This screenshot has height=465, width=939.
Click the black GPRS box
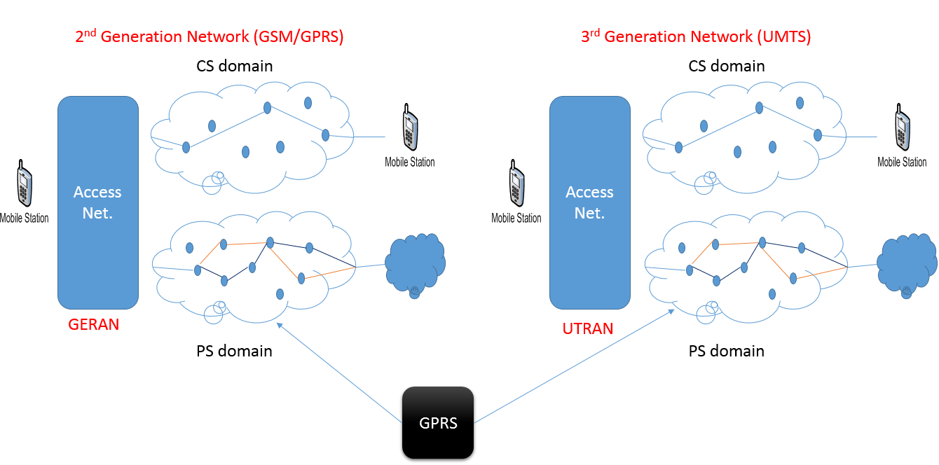(438, 423)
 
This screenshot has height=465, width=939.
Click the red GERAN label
(94, 324)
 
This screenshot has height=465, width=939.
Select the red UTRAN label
(587, 328)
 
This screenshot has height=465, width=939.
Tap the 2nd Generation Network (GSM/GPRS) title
(209, 37)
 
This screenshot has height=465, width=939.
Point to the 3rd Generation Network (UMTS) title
(696, 37)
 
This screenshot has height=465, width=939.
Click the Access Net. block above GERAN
(98, 202)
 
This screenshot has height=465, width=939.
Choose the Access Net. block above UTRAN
(590, 202)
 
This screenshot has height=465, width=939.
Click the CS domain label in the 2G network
(235, 67)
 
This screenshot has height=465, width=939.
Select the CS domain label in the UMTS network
(727, 67)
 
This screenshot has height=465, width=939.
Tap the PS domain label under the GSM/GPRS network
(234, 350)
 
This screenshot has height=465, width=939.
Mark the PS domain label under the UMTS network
(727, 350)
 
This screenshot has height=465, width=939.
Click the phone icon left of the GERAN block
(25, 184)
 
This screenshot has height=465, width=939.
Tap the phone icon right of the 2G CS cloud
(410, 128)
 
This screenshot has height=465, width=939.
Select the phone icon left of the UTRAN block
(516, 184)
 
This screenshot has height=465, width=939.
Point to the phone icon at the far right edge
(903, 128)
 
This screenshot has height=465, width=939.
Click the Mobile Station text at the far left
(25, 218)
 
